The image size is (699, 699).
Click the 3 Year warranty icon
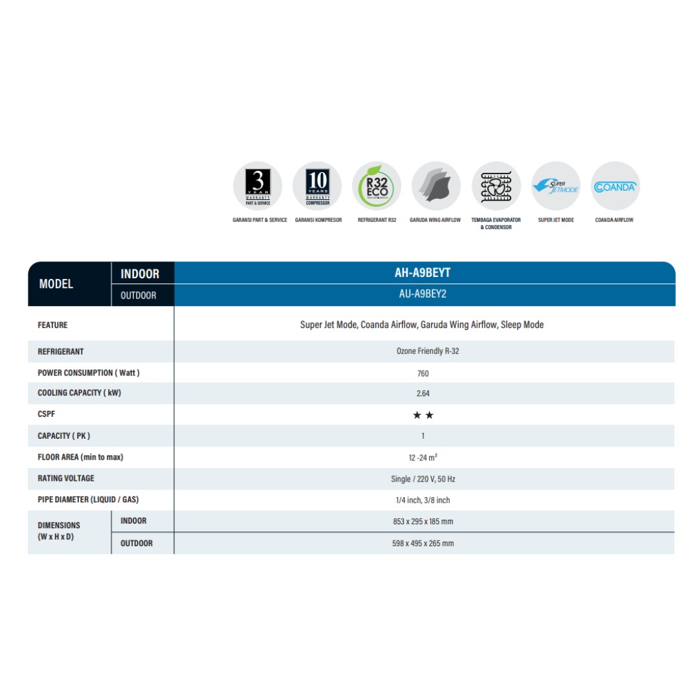258,186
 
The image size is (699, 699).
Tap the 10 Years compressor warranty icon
317,186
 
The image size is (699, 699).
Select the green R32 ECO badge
377,186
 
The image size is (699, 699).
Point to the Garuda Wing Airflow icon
436,186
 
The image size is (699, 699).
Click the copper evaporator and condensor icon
496,186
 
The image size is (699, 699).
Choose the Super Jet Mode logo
555,186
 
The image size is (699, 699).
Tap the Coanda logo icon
615,186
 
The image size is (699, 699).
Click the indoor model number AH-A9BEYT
423,273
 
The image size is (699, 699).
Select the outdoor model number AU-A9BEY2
423,294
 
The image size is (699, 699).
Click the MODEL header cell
56,284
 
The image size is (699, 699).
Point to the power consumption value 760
423,373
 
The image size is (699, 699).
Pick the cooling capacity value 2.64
423,394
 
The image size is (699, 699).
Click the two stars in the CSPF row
423,415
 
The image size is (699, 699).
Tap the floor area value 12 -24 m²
423,458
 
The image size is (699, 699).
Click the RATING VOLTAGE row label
66,478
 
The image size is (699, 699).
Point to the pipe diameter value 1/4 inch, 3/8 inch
423,500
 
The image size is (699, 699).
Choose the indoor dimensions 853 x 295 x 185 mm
423,522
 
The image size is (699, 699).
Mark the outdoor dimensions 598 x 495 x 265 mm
423,544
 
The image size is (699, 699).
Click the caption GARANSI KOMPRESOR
318,220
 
